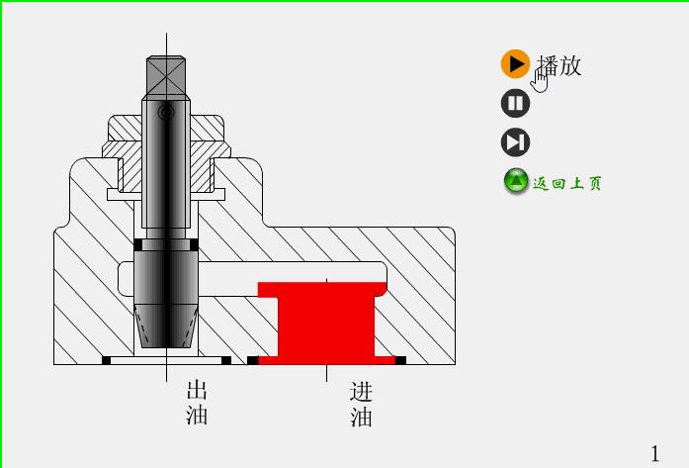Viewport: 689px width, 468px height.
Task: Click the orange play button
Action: (x=515, y=64)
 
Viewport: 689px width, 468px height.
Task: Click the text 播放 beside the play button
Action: (x=560, y=65)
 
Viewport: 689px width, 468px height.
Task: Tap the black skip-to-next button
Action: (x=515, y=142)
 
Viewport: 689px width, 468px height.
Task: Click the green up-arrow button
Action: (x=516, y=182)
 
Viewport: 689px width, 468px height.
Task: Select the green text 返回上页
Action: (x=567, y=183)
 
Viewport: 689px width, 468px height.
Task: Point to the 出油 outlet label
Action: (x=197, y=402)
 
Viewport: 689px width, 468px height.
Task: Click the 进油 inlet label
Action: (x=361, y=405)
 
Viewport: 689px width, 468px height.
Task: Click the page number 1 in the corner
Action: (x=654, y=452)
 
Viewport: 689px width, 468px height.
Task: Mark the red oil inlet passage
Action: (x=325, y=322)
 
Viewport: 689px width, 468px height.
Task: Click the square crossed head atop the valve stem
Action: (x=166, y=75)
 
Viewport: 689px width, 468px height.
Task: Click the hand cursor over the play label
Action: (x=540, y=79)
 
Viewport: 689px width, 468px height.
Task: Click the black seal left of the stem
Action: (x=138, y=244)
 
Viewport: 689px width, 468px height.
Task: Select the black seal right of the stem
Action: (x=194, y=244)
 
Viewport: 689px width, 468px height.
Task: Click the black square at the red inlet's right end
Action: (x=400, y=360)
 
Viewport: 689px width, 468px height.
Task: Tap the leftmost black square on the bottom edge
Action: (x=107, y=360)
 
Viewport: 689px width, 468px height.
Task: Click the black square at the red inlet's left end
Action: (x=253, y=360)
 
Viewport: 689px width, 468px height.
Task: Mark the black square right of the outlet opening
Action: (x=226, y=360)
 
